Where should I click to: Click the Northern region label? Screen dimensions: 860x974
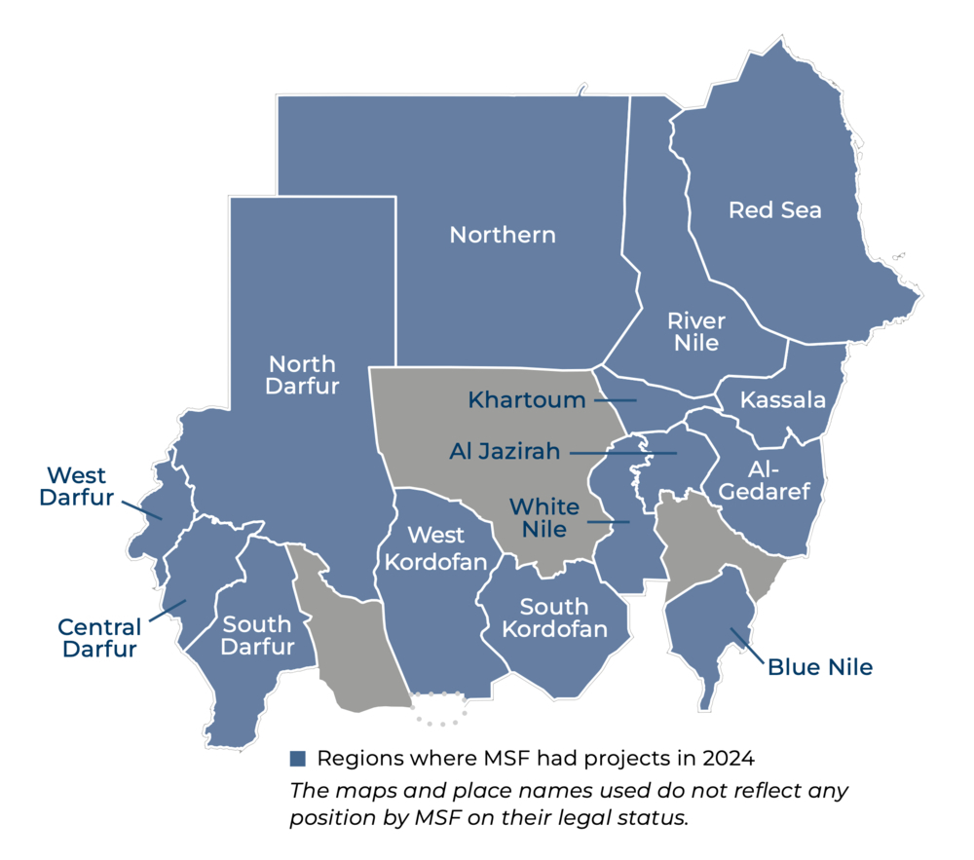click(x=503, y=235)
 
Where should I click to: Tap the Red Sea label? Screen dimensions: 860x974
click(x=775, y=210)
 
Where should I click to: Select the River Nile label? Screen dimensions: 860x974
click(x=696, y=331)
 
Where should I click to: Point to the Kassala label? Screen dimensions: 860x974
click(x=783, y=400)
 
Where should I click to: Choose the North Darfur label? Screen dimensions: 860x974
click(x=303, y=375)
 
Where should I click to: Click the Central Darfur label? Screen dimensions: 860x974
click(x=99, y=638)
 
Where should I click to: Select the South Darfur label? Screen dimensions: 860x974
click(x=257, y=635)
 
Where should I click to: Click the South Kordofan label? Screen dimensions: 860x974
click(x=554, y=618)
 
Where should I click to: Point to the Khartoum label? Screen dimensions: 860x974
click(x=527, y=400)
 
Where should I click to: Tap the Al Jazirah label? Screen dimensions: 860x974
click(x=505, y=452)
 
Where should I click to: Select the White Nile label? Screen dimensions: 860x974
click(x=544, y=518)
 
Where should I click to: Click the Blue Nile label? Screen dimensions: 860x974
click(x=819, y=667)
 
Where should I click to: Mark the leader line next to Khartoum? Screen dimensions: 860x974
click(x=616, y=400)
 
